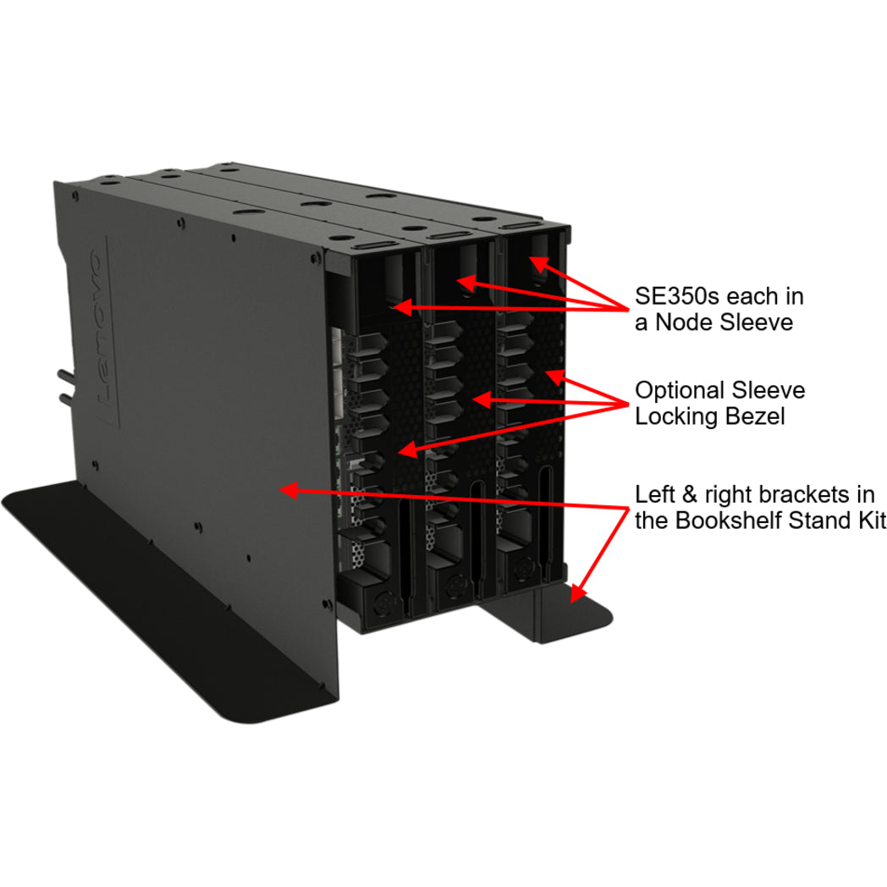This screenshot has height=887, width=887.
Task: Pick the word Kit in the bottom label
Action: pyautogui.click(x=866, y=520)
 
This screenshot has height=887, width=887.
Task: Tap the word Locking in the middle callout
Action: pyautogui.click(x=673, y=416)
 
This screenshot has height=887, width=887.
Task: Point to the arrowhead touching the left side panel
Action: pyautogui.click(x=289, y=488)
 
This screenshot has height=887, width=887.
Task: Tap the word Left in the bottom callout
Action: pyautogui.click(x=652, y=494)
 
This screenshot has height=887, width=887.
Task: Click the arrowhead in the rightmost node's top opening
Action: pyautogui.click(x=535, y=264)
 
